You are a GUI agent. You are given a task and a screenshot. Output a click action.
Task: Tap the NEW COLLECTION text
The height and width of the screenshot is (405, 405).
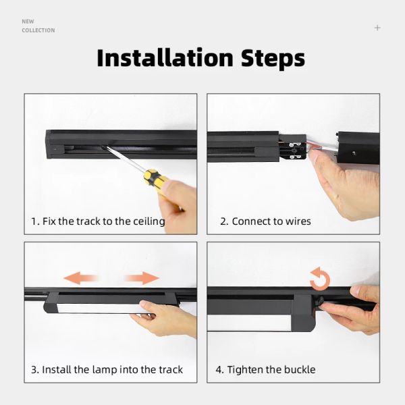38,26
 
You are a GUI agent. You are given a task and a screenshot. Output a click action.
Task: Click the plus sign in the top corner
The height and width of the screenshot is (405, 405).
377,28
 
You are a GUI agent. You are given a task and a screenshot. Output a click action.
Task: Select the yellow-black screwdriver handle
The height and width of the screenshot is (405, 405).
157,180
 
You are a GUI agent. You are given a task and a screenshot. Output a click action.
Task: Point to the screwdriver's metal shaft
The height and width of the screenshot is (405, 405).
124,159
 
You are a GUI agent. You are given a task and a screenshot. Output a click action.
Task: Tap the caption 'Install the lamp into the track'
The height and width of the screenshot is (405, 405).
107,370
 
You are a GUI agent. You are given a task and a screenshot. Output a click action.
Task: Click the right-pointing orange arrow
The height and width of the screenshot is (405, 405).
142,278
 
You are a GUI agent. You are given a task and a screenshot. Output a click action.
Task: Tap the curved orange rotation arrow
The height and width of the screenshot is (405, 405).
319,277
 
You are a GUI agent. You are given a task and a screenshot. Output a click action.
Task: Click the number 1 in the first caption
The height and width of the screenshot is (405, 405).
34,221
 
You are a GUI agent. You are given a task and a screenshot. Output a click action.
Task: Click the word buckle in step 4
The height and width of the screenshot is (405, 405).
297,370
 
